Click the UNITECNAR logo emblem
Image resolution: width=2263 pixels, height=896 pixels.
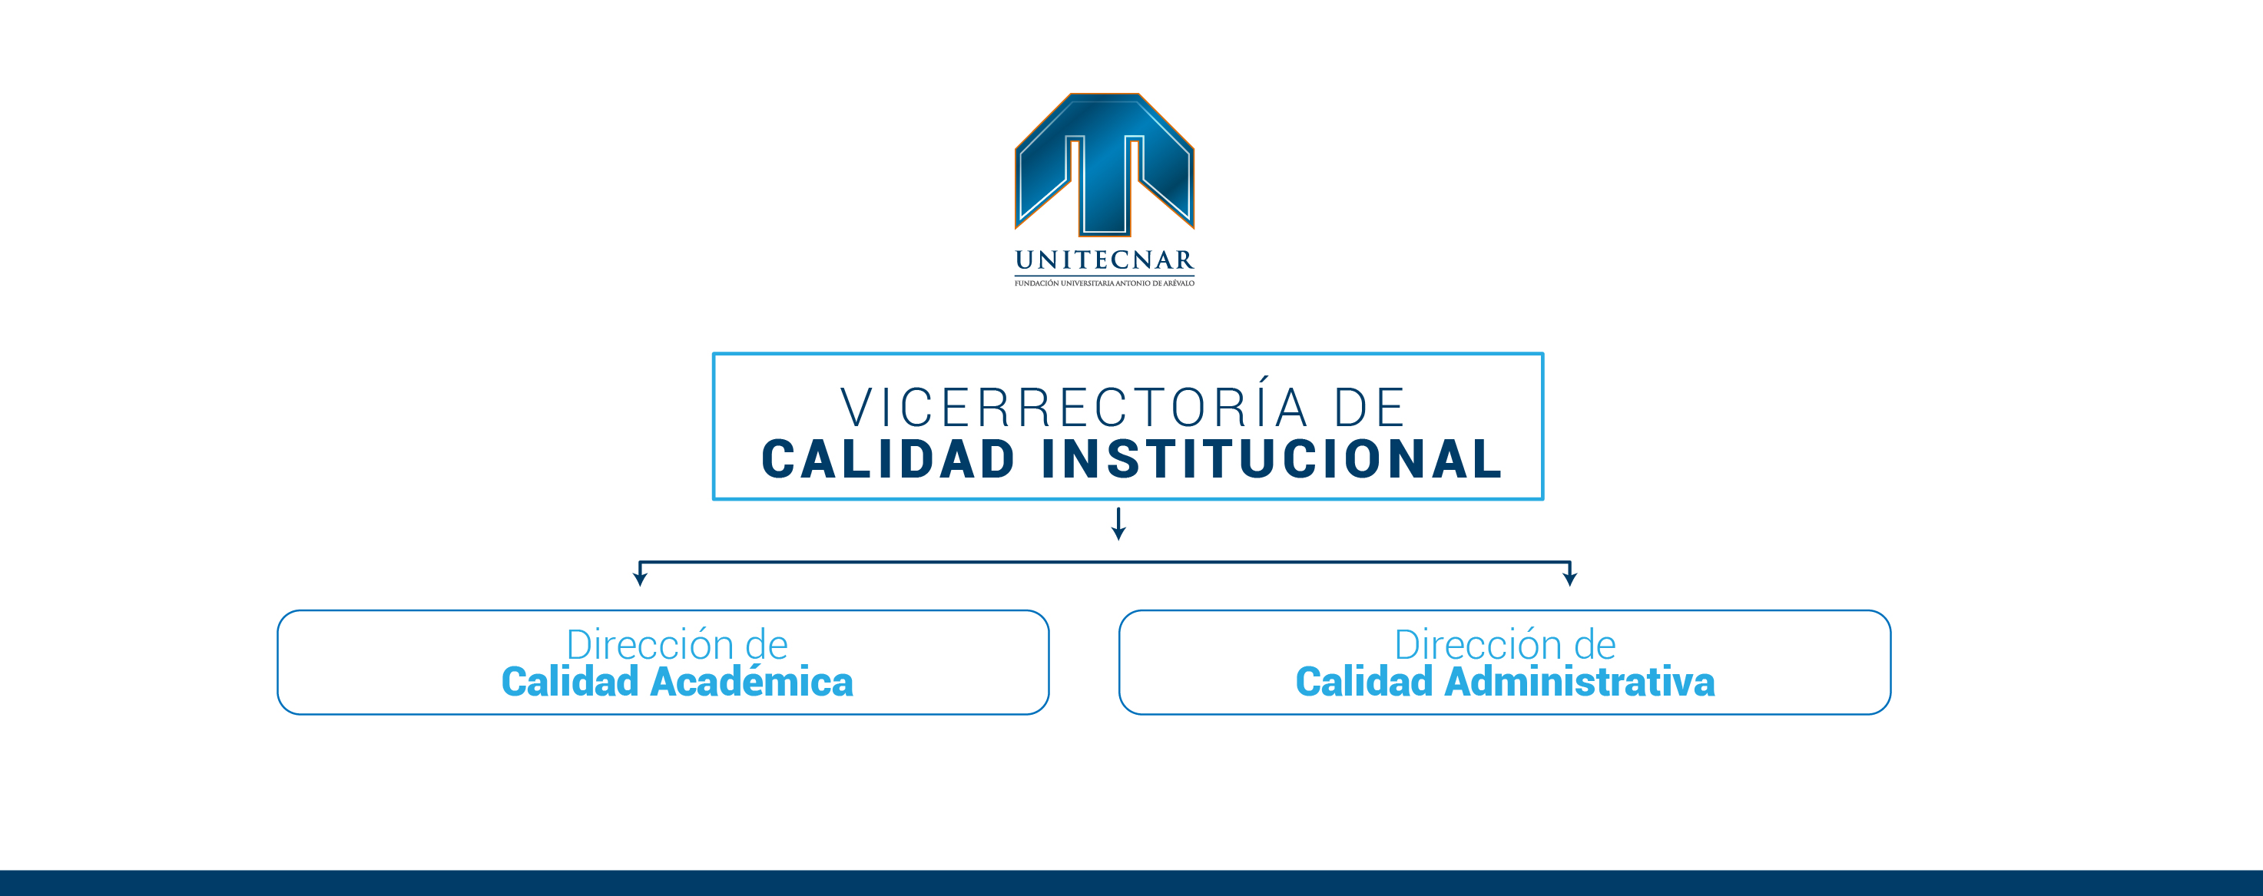pyautogui.click(x=1105, y=164)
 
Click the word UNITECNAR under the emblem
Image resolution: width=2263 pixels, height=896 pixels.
pyautogui.click(x=1105, y=260)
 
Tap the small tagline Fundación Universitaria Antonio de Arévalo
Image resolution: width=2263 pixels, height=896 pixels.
pyautogui.click(x=1105, y=283)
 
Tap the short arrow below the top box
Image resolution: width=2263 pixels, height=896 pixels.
pyautogui.click(x=1118, y=524)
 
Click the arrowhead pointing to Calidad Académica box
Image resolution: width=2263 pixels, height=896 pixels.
pyautogui.click(x=640, y=578)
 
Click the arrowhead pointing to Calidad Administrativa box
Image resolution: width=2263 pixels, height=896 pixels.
pyautogui.click(x=1570, y=578)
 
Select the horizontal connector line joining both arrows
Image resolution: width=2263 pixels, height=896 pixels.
pyautogui.click(x=1105, y=562)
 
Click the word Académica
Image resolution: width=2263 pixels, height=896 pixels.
pyautogui.click(x=751, y=681)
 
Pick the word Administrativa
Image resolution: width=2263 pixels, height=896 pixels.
pyautogui.click(x=1579, y=681)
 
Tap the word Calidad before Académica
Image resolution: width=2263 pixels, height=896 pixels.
pyautogui.click(x=570, y=681)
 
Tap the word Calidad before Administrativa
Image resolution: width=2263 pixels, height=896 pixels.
pyautogui.click(x=1364, y=681)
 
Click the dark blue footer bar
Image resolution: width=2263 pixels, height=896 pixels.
pyautogui.click(x=1131, y=883)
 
